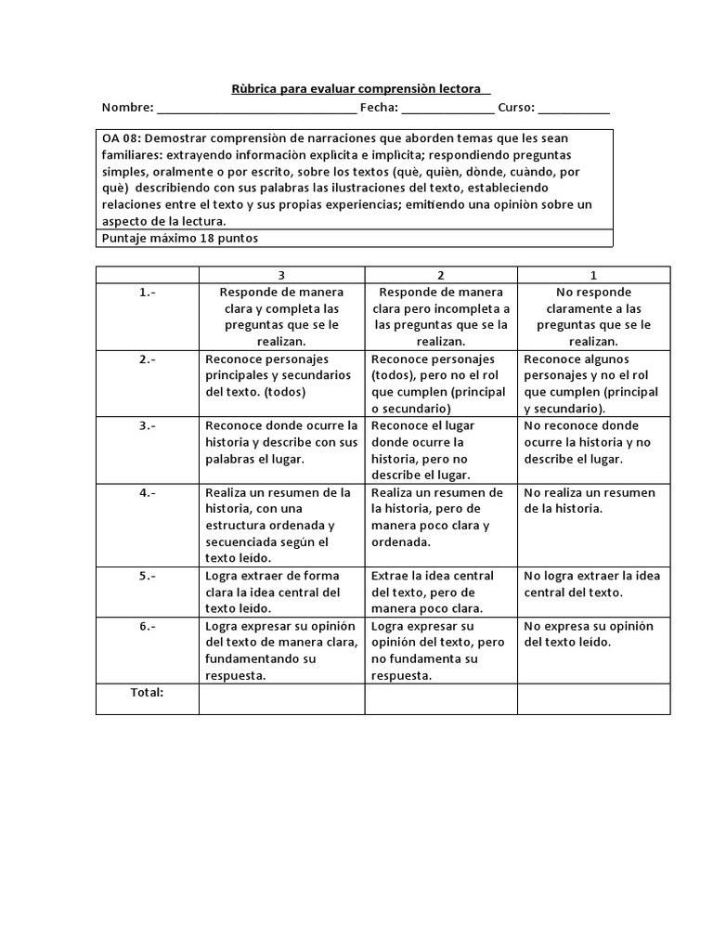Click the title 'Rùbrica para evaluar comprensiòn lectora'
coord(360,89)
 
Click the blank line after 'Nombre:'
coord(257,109)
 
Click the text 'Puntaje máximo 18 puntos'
coord(179,238)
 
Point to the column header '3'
coord(281,275)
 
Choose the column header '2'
coord(441,275)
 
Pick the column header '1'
coord(593,275)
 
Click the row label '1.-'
coord(148,292)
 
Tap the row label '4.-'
coord(148,492)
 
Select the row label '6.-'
coord(148,626)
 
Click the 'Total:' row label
coord(147,692)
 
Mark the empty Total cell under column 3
coord(281,699)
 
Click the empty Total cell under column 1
coord(593,699)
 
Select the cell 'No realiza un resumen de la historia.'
coord(590,501)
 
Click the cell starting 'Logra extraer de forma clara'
coord(273,593)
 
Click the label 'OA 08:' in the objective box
coord(122,137)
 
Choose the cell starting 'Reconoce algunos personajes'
coord(591,384)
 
